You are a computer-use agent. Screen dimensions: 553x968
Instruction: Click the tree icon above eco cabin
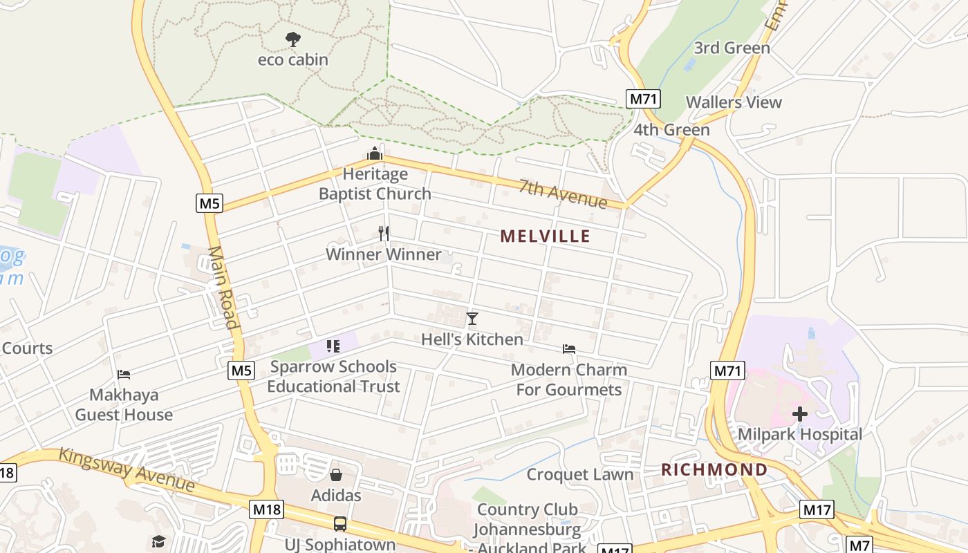[x=293, y=39]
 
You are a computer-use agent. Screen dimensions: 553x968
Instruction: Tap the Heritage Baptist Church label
[x=375, y=184]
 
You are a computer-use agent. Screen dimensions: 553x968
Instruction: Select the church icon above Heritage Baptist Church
[x=375, y=153]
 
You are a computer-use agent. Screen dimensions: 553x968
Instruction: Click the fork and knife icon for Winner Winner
[x=384, y=234]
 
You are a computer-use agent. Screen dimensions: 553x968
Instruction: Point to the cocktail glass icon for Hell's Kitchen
[x=472, y=319]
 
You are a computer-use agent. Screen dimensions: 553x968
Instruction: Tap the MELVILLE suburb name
[x=546, y=236]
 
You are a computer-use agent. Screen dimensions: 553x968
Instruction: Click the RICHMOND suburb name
[x=714, y=470]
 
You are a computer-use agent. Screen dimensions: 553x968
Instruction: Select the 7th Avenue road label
[x=563, y=194]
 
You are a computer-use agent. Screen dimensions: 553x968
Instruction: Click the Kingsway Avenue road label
[x=127, y=469]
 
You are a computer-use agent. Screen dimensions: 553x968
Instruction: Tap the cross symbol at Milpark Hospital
[x=800, y=414]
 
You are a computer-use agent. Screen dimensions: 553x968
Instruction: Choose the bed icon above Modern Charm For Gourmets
[x=569, y=349]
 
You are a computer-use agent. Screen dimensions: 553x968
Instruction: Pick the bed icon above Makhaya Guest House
[x=124, y=375]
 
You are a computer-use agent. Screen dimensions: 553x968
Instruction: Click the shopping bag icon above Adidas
[x=336, y=475]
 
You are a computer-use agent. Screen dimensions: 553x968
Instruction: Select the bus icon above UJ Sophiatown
[x=340, y=523]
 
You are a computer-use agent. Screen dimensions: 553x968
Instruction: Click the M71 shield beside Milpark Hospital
[x=727, y=371]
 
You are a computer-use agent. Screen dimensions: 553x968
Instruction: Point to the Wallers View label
[x=734, y=102]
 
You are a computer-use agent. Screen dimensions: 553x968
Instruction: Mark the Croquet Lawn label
[x=580, y=474]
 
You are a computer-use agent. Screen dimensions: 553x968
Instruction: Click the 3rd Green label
[x=732, y=48]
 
